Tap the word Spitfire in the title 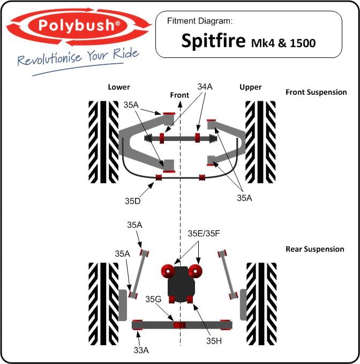point(213,41)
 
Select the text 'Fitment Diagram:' point(200,21)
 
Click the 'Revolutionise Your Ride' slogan point(78,57)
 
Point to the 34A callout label point(205,87)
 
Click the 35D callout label point(133,201)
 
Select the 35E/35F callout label point(204,234)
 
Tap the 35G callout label point(153,299)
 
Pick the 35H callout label point(214,341)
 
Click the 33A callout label point(141,350)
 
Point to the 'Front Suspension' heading point(316,92)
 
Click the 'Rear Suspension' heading point(315,249)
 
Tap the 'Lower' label point(119,87)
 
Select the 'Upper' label point(251,87)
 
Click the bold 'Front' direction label point(179,95)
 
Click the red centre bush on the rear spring point(179,325)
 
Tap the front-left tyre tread point(103,142)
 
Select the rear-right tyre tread point(261,304)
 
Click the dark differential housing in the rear point(181,284)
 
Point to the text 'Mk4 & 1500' point(283,43)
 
